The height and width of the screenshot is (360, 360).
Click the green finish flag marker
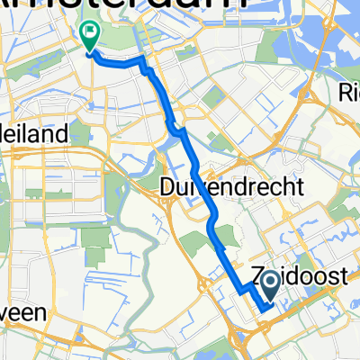pos(90,35)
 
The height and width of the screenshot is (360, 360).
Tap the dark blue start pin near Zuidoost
pos(269,289)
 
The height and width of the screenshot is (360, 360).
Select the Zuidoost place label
pos(297,280)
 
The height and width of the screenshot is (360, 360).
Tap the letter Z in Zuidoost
pos(255,280)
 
